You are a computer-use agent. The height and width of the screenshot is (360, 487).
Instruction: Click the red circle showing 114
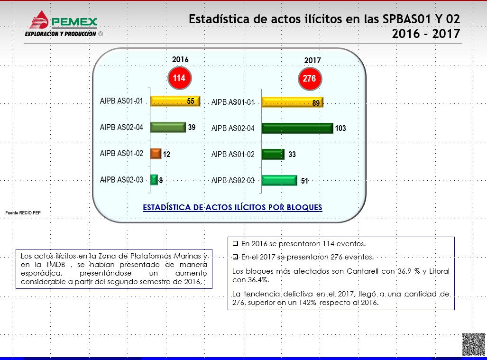[180, 78]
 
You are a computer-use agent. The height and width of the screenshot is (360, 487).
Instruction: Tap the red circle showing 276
[310, 79]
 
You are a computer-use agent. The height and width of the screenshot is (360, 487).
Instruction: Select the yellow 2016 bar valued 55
[175, 101]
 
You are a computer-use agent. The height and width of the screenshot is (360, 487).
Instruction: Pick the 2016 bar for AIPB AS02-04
[168, 127]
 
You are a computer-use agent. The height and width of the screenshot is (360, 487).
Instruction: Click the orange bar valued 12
[156, 154]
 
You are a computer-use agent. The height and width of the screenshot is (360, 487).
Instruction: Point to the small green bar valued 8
[154, 180]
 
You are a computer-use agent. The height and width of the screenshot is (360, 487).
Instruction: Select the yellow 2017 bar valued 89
[292, 102]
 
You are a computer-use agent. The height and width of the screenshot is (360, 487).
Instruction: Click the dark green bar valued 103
[297, 128]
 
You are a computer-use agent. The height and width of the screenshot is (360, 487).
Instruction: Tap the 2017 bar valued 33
[273, 154]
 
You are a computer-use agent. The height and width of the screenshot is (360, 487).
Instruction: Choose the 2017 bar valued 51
[279, 180]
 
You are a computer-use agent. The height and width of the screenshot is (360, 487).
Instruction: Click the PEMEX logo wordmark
[74, 22]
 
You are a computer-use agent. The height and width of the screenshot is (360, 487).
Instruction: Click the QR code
[473, 344]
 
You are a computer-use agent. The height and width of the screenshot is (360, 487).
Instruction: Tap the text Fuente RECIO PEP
[23, 213]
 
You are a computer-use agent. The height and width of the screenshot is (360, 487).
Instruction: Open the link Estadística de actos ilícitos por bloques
[232, 207]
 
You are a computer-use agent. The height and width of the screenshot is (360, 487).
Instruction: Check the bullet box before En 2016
[235, 243]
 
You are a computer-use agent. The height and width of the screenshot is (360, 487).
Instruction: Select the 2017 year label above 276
[312, 60]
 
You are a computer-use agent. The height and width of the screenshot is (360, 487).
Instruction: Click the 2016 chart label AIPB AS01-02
[121, 154]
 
